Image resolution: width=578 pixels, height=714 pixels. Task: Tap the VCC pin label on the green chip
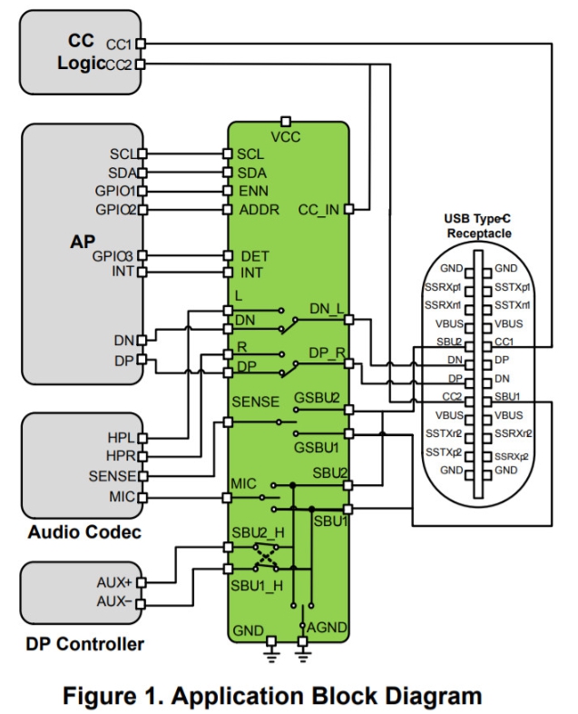point(286,137)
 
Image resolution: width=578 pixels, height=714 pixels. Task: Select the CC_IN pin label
point(318,210)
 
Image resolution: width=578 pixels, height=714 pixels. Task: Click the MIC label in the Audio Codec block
point(121,496)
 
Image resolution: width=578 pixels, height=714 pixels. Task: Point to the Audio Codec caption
point(84,532)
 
